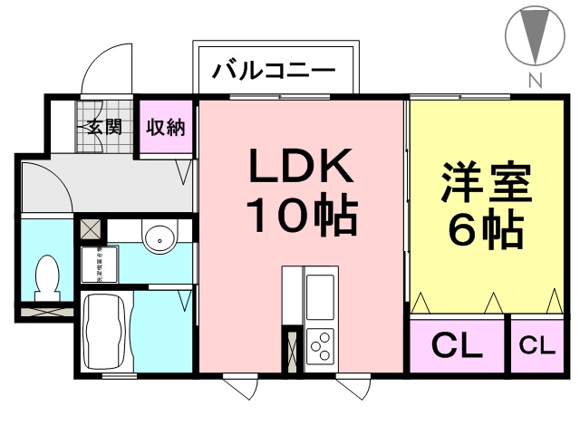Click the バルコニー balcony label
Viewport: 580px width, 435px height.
[x=274, y=70]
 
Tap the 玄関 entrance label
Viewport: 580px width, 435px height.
[x=104, y=126]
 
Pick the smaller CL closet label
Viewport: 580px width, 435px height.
[x=536, y=345]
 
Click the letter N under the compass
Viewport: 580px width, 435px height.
[x=535, y=81]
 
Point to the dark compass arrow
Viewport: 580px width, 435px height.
[x=535, y=35]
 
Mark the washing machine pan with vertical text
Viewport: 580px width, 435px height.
[x=95, y=264]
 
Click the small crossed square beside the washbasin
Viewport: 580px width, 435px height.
[x=91, y=228]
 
